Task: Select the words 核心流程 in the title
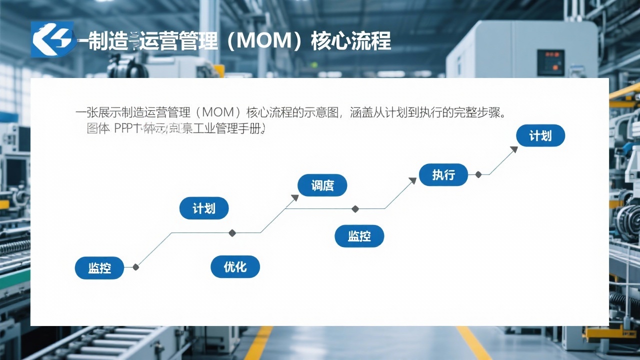(x=350, y=40)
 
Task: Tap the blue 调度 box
(x=322, y=185)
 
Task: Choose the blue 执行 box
(x=443, y=175)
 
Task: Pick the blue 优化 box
(x=235, y=267)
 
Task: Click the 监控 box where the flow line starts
(x=99, y=268)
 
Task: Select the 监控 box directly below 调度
(x=359, y=236)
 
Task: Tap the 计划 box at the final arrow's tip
(x=540, y=135)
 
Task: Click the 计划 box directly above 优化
(x=203, y=208)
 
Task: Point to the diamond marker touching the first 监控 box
(x=135, y=267)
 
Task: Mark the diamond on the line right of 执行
(x=478, y=174)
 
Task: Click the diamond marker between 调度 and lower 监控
(x=355, y=209)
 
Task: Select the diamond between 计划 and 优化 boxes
(x=232, y=233)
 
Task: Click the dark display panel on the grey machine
(x=550, y=62)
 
